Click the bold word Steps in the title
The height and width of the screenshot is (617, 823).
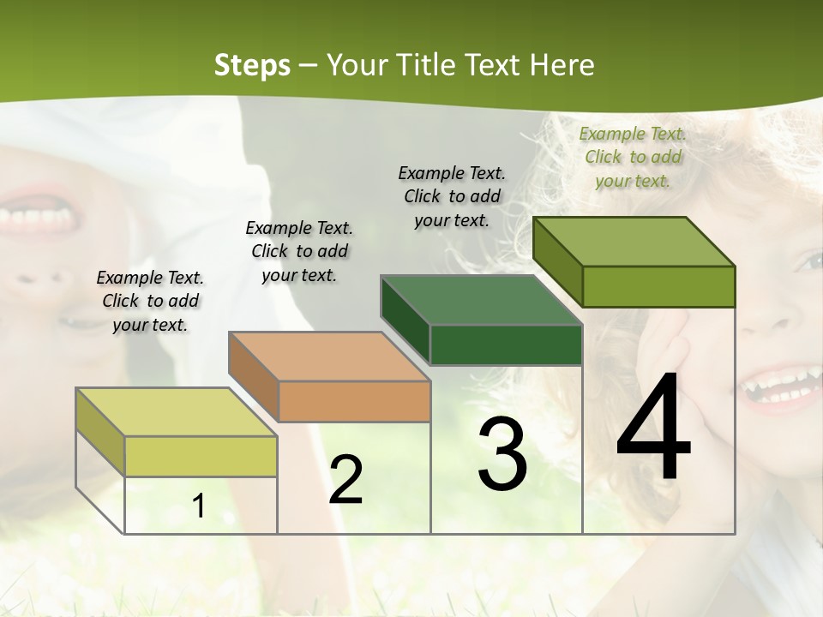tap(252, 65)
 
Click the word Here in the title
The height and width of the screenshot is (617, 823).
tap(563, 65)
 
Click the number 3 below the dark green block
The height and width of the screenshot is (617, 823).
tap(502, 454)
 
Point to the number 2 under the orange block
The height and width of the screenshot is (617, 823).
tap(345, 480)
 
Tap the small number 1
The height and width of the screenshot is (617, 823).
tap(199, 506)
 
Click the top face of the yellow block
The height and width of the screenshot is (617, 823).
tap(177, 412)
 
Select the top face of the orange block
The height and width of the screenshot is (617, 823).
tap(329, 356)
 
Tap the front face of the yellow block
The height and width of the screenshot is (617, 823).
tap(201, 456)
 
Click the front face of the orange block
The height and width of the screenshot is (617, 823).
tap(354, 401)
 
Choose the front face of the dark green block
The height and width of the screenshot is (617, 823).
tap(506, 344)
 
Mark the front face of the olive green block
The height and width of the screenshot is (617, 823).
tap(658, 286)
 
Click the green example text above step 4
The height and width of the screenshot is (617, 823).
tap(634, 158)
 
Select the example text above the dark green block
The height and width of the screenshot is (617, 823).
tap(452, 196)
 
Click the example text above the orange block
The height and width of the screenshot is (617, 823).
tap(299, 251)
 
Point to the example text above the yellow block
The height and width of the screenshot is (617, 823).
tap(150, 301)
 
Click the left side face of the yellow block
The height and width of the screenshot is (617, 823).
tap(100, 432)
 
